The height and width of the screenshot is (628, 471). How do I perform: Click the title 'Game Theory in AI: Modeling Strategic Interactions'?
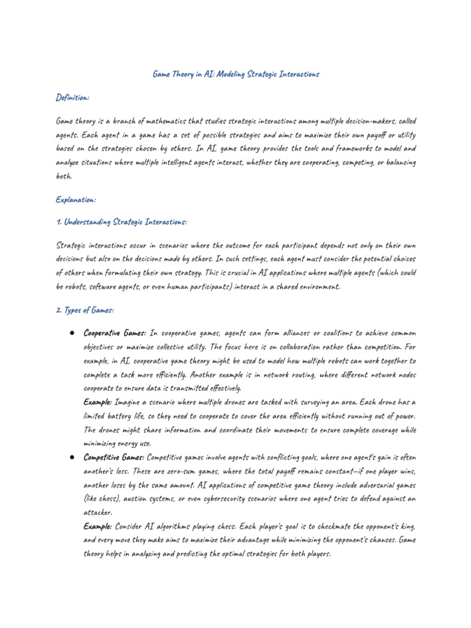coord(235,74)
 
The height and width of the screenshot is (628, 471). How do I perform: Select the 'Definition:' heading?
coord(73,98)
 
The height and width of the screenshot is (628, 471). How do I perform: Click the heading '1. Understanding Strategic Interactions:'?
coord(121,221)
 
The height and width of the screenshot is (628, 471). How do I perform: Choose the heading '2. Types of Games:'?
coord(85,311)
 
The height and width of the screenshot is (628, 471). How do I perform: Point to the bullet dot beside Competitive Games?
coord(72,458)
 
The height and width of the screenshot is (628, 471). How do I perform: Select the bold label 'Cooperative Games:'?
coord(115,333)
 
